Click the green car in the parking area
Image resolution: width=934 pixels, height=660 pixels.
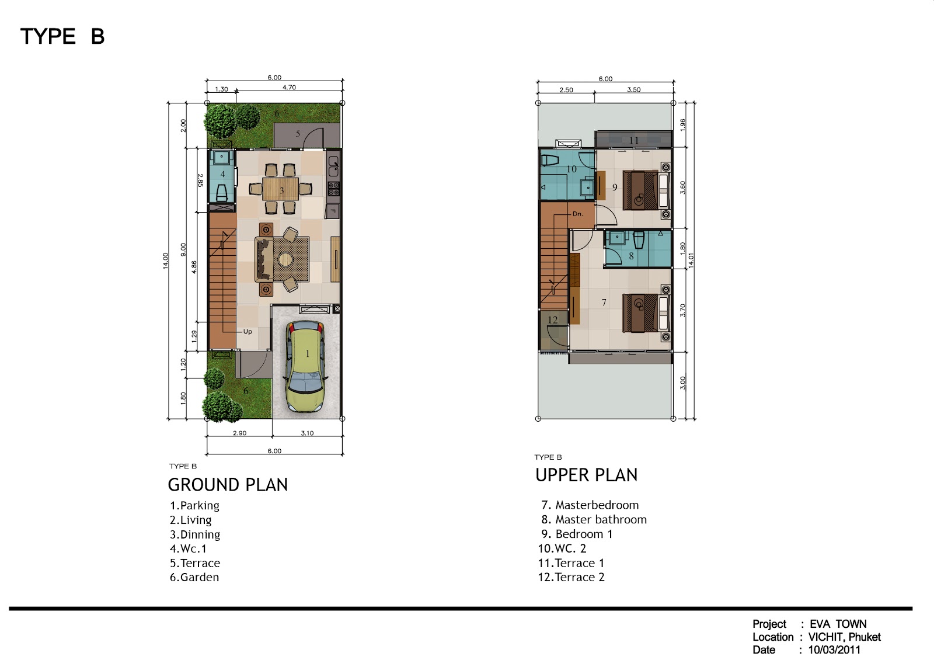(306, 366)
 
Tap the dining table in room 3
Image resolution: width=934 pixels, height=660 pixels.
(281, 189)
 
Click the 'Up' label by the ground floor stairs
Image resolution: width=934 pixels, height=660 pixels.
(248, 332)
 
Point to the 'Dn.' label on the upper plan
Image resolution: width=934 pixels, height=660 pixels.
(578, 214)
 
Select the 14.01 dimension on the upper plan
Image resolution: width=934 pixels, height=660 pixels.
(691, 260)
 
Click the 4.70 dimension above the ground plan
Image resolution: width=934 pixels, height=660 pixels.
(289, 87)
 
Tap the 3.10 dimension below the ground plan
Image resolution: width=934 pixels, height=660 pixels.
(307, 433)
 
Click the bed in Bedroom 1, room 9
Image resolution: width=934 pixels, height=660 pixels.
(646, 190)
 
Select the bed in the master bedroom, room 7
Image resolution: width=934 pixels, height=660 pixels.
(646, 313)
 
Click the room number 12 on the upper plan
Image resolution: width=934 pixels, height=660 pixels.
(552, 320)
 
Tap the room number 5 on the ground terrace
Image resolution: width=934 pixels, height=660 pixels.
(298, 134)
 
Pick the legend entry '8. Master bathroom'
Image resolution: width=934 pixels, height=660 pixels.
(594, 519)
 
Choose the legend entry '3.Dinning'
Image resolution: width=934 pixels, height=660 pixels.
(195, 534)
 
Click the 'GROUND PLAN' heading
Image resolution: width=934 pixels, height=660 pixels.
(228, 485)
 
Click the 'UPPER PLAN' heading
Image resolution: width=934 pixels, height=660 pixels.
(586, 475)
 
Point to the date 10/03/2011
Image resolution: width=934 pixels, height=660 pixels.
(834, 649)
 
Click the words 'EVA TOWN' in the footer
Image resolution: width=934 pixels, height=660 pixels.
(838, 624)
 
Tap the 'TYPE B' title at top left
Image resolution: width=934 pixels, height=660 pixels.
(62, 36)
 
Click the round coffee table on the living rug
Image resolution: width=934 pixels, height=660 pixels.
(285, 259)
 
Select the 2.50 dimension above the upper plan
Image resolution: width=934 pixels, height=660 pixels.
(566, 90)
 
